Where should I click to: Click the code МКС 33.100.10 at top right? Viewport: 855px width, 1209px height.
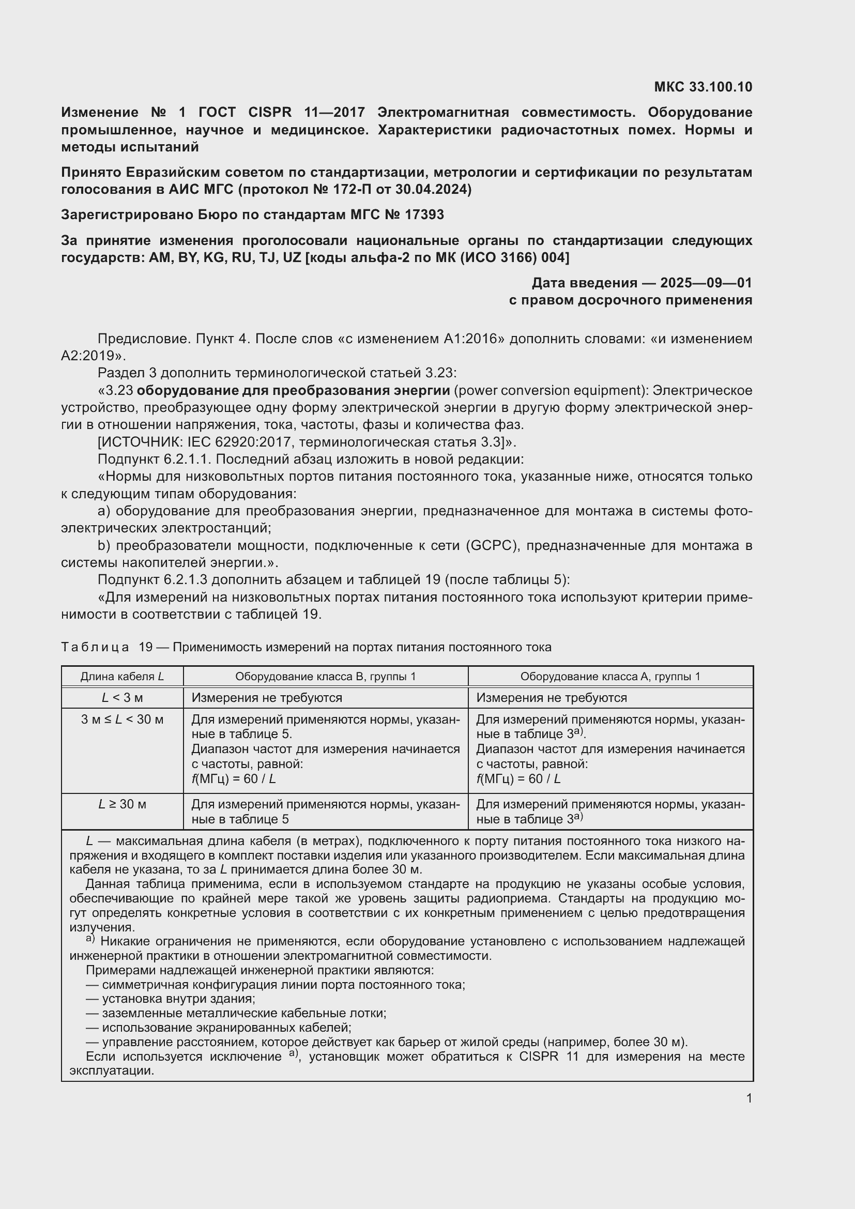[x=703, y=87]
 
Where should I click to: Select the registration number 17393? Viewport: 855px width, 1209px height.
[x=424, y=215]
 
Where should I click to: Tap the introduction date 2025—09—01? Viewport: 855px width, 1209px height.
[x=706, y=283]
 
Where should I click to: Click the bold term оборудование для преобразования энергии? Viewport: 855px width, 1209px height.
[x=293, y=390]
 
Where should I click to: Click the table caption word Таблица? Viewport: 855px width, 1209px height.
[x=95, y=647]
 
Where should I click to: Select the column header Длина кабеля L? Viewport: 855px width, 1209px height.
[x=122, y=677]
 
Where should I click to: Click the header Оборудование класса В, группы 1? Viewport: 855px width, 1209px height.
[x=325, y=677]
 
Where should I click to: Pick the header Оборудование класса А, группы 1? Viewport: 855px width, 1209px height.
[x=610, y=677]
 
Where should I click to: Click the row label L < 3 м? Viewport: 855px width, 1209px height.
[x=122, y=698]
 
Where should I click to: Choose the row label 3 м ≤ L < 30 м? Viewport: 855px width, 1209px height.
[x=122, y=720]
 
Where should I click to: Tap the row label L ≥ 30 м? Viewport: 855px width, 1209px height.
[x=122, y=804]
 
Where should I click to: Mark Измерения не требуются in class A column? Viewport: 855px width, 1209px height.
[x=551, y=698]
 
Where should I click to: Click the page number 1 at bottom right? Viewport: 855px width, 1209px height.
[x=749, y=1098]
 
